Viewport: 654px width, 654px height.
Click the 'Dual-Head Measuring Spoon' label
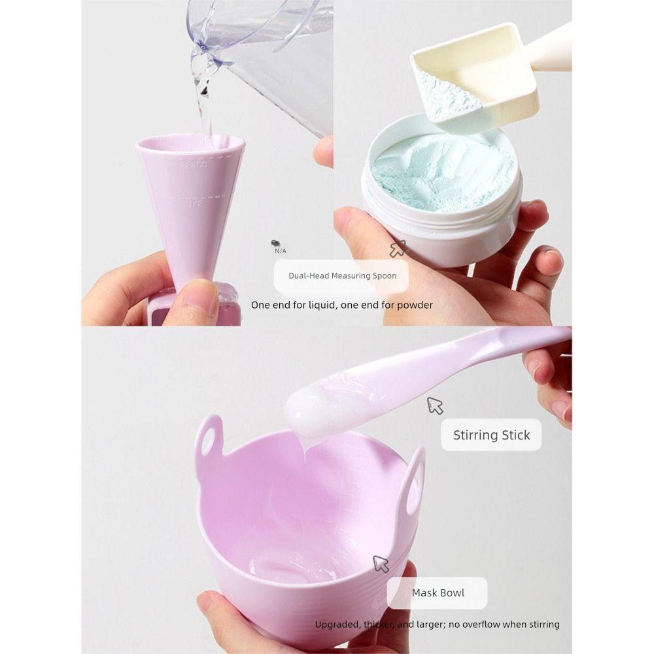click(x=342, y=276)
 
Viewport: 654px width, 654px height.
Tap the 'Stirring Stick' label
click(x=491, y=435)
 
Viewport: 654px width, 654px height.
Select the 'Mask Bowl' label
click(x=438, y=593)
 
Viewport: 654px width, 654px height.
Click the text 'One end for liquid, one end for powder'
click(x=341, y=305)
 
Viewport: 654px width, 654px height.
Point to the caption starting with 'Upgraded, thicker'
click(x=437, y=625)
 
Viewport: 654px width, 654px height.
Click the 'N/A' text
click(x=281, y=250)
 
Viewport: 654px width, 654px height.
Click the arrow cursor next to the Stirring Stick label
click(x=435, y=405)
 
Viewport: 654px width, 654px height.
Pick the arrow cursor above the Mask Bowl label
click(x=381, y=564)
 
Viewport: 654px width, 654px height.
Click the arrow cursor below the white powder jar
click(x=397, y=249)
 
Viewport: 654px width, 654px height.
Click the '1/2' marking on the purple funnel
click(x=196, y=204)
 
